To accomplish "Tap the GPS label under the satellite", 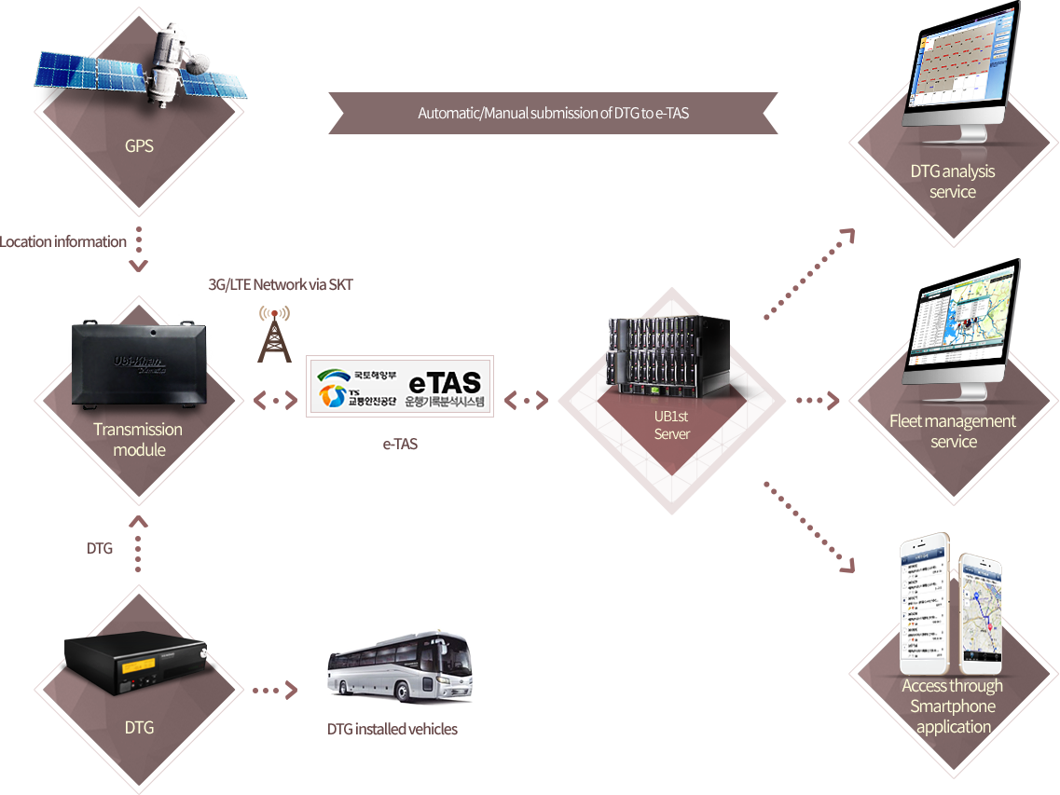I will [139, 146].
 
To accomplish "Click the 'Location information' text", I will [63, 241].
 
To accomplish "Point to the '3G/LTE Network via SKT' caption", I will [280, 284].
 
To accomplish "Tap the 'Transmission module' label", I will [138, 440].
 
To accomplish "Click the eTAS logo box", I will [400, 386].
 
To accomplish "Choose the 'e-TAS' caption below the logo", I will [400, 445].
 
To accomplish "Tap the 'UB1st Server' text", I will [671, 426].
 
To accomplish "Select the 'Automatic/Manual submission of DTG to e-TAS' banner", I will [553, 114].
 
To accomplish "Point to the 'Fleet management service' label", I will [953, 432].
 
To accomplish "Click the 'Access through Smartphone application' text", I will [953, 706].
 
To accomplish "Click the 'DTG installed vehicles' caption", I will [392, 730].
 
